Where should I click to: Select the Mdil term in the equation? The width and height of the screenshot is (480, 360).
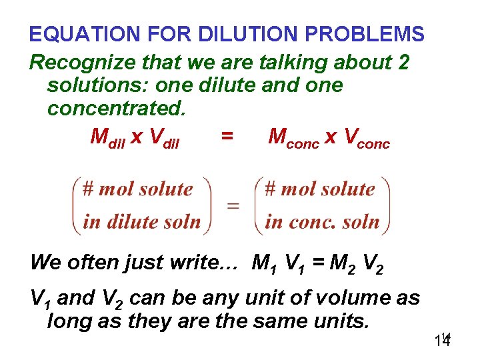107,137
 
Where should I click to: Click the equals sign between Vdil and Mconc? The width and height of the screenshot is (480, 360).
227,137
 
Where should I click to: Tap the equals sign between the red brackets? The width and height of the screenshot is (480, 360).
233,205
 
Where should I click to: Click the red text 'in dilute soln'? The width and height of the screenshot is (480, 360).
141,221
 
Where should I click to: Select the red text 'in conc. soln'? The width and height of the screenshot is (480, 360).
322,221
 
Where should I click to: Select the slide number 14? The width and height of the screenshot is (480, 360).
441,341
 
